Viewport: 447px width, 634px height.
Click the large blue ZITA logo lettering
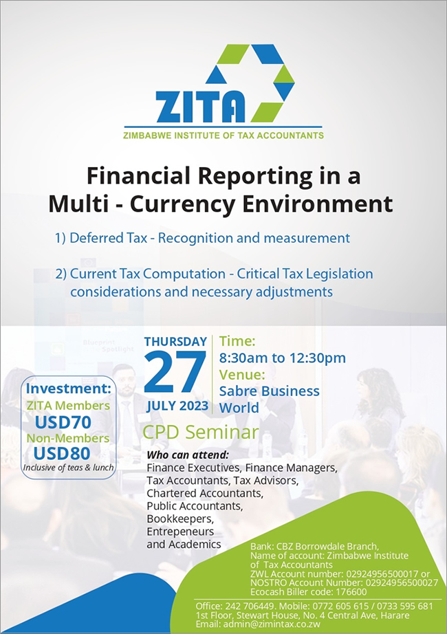200,107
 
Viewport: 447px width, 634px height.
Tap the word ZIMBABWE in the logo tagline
147,135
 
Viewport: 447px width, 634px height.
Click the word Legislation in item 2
339,274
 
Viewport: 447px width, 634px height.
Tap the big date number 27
175,373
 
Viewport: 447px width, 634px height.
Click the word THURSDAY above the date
175,342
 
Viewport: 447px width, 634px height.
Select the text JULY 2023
177,406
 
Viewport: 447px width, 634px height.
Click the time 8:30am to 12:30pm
283,358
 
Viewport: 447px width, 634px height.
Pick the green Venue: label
242,375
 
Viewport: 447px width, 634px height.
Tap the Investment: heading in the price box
68,389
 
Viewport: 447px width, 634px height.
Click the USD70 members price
63,422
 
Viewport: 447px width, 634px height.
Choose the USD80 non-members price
62,454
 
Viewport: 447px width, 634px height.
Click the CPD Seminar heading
201,433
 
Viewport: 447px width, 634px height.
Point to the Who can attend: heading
188,455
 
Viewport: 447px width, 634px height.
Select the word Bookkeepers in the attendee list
180,518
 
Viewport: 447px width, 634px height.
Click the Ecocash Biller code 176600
309,592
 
